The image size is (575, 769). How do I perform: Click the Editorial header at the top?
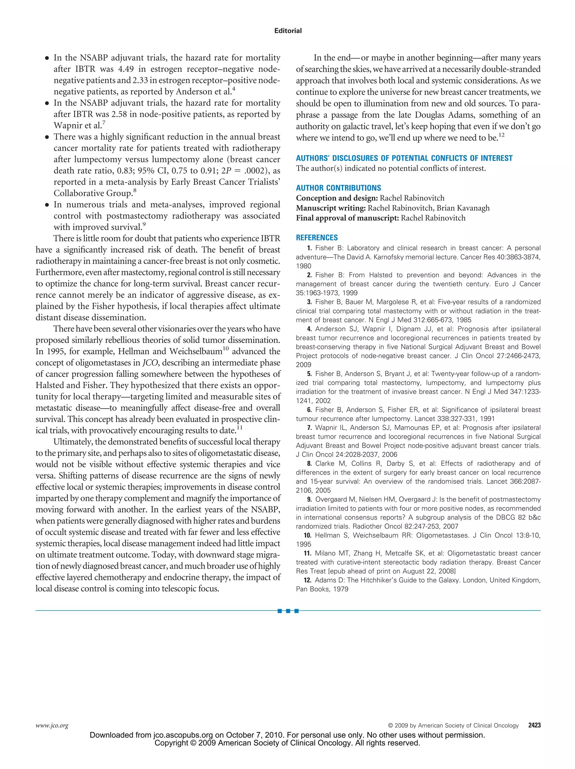(288, 31)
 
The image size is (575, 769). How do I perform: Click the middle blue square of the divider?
(288, 611)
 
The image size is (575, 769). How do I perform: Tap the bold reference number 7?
(309, 428)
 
